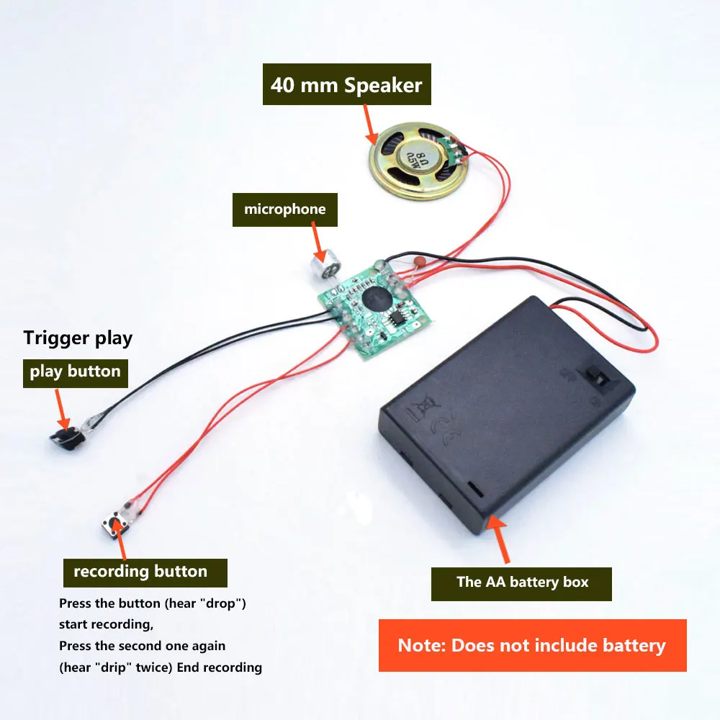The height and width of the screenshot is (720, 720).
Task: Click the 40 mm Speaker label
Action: tap(346, 86)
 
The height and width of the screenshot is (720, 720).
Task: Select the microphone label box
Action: tap(284, 210)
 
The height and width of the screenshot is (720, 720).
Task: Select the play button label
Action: tap(75, 372)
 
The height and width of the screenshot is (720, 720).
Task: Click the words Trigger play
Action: tap(78, 338)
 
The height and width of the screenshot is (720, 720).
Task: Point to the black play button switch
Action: tap(66, 436)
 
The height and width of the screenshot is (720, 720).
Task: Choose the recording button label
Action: tap(140, 572)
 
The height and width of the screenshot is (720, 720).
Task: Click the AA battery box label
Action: tap(522, 582)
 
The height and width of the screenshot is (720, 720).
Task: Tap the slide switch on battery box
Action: tap(598, 377)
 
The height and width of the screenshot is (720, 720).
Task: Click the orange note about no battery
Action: tap(532, 645)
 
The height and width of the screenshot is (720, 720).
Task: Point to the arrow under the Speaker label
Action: tap(369, 122)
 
